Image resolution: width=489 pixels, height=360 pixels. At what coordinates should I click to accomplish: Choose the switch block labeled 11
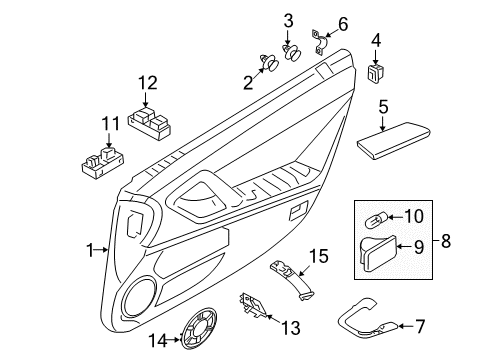[99, 161]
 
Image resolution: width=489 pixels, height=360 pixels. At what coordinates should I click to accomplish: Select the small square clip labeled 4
[376, 71]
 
